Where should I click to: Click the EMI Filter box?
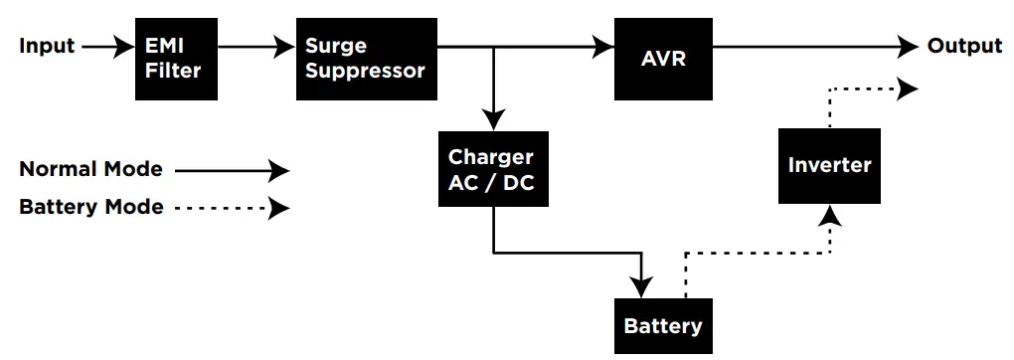[175, 59]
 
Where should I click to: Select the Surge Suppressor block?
[365, 59]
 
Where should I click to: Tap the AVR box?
[663, 59]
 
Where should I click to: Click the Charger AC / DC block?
[491, 170]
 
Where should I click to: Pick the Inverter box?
[829, 165]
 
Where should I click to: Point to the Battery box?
[662, 325]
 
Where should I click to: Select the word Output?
[964, 47]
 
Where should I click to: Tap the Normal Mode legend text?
[90, 170]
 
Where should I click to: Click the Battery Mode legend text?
[90, 208]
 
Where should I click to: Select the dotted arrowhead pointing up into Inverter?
[829, 215]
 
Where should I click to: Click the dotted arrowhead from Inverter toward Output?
[908, 90]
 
